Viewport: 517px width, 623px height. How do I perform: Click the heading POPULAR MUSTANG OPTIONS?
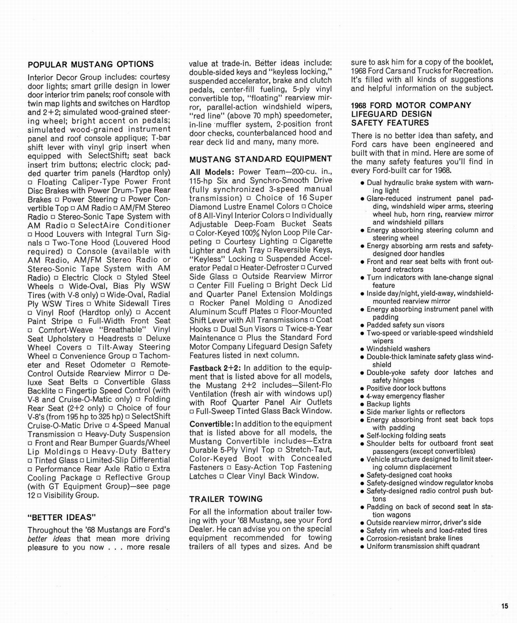point(90,64)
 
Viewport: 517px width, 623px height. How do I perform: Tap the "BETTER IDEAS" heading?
point(62,517)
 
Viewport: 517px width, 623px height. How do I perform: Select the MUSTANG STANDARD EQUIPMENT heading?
point(261,159)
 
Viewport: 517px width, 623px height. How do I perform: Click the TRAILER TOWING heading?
point(226,499)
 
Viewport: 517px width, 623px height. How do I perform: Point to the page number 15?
point(505,606)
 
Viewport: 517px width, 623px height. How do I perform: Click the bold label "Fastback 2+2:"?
point(215,368)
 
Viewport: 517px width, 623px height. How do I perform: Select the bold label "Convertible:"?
point(212,424)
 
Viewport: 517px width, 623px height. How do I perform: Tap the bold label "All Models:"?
point(212,172)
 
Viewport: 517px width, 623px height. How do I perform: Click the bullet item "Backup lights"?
point(388,404)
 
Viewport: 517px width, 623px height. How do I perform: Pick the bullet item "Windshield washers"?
point(398,349)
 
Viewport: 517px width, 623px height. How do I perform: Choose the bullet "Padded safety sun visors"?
point(405,325)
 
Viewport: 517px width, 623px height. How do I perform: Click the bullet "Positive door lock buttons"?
point(406,388)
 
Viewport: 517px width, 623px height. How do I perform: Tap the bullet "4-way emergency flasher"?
point(405,396)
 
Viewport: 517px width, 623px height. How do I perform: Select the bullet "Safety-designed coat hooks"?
point(409,475)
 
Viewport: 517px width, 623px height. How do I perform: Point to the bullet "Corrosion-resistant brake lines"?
point(415,539)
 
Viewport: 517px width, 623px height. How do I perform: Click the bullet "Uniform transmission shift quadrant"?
point(423,546)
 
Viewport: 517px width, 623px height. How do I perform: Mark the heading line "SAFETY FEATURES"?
point(390,123)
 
